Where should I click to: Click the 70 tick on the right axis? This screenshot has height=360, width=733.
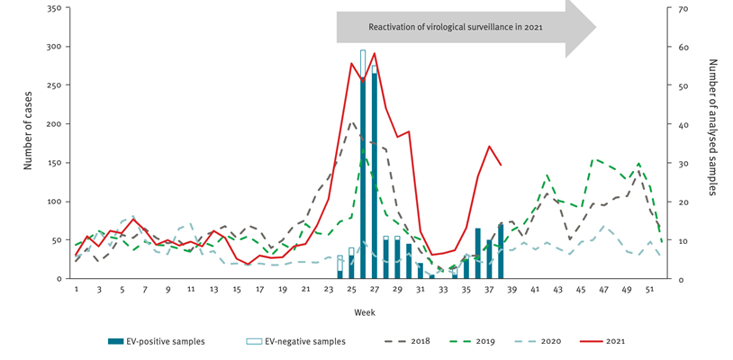point(683,9)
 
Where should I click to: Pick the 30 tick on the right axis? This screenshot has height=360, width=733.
point(683,163)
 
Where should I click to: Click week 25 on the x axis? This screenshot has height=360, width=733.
point(350,289)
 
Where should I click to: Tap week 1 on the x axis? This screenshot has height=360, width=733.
point(77,289)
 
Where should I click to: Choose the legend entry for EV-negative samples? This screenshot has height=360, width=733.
point(296,342)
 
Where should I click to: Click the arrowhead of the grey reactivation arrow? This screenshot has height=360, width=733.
point(581,27)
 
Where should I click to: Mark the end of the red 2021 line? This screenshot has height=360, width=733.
point(501,165)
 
